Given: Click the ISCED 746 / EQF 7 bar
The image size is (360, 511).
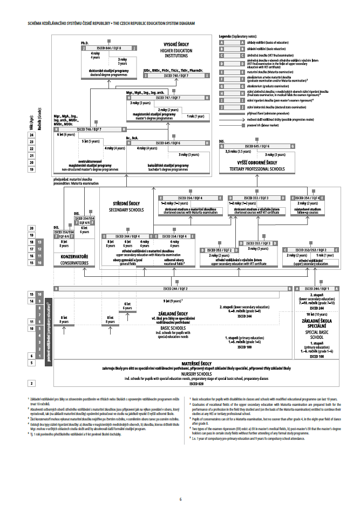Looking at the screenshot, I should pos(90,129).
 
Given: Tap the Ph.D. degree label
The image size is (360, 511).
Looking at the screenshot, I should pos(84,42).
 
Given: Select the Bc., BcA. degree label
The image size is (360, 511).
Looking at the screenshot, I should pos(132,138).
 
